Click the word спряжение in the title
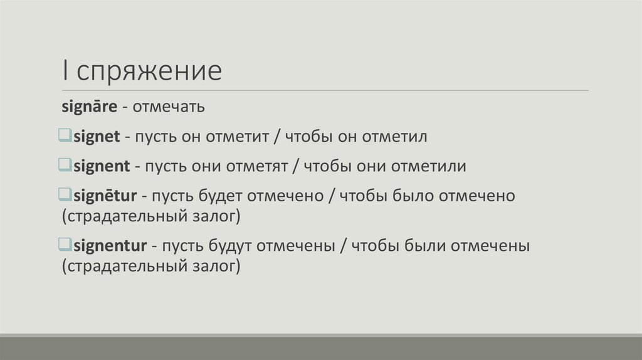[150, 71]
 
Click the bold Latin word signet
[97, 137]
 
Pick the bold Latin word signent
[102, 166]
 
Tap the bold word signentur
[110, 245]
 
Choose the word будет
[219, 196]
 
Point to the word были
[424, 245]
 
